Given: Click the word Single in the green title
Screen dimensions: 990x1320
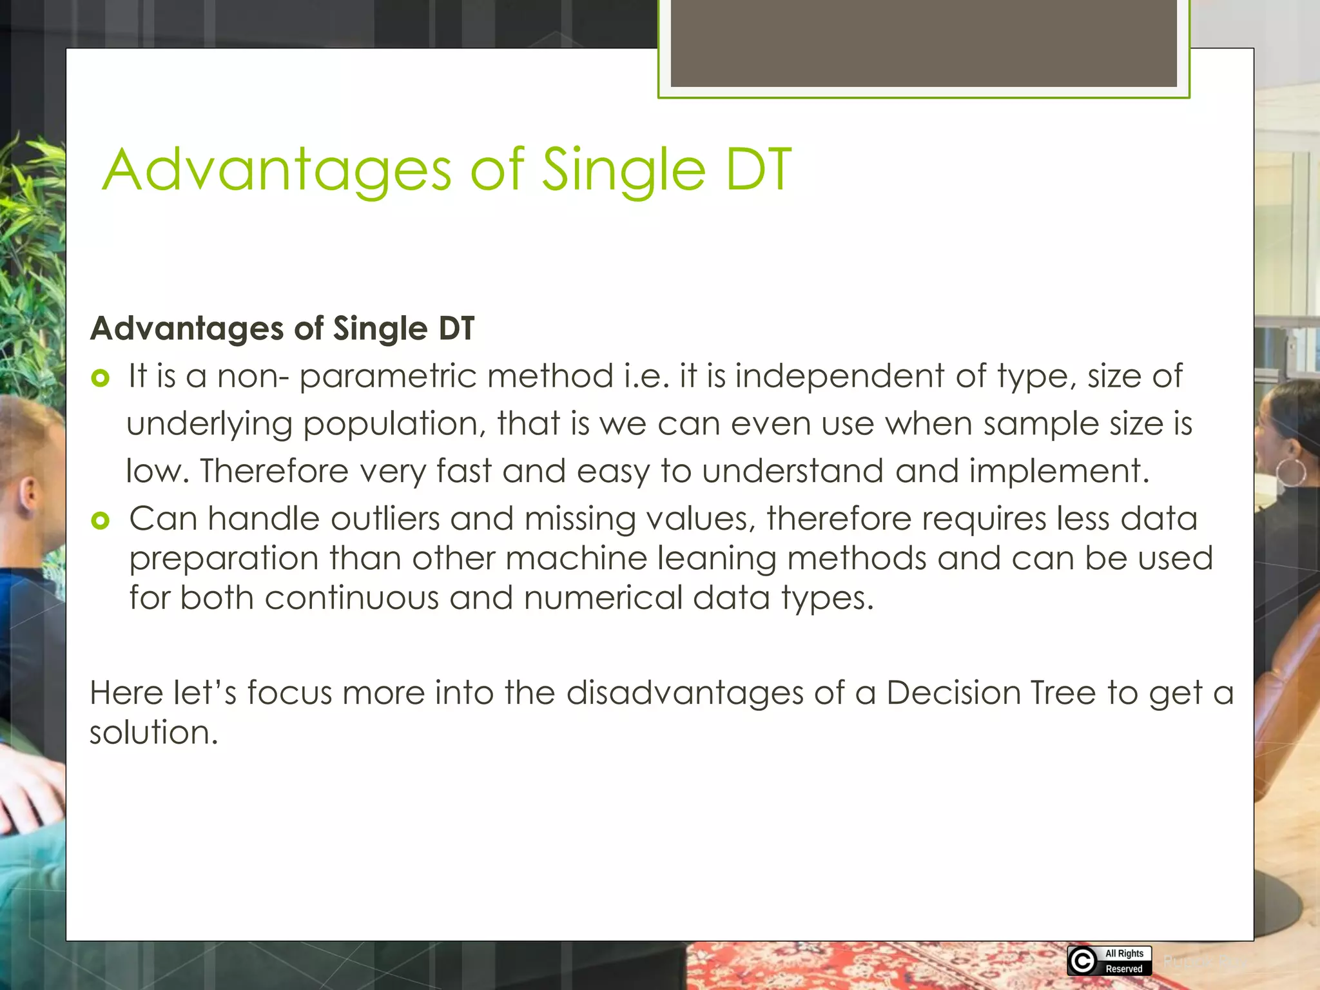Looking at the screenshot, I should point(623,170).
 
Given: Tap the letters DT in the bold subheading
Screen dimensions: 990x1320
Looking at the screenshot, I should point(456,329).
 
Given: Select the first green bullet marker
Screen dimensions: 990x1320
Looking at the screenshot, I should point(101,378).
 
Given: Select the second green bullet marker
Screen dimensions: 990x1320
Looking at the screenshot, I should point(101,520).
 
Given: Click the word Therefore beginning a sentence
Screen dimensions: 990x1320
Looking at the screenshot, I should point(274,471).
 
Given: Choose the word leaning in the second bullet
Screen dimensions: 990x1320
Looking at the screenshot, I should point(716,559).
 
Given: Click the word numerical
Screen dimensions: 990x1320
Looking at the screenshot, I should point(602,598).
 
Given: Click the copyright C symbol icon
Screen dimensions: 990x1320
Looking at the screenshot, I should point(1083,961).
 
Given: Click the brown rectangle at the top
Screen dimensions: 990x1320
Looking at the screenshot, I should point(923,43).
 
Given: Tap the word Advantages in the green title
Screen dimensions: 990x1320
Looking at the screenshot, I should point(277,170).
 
